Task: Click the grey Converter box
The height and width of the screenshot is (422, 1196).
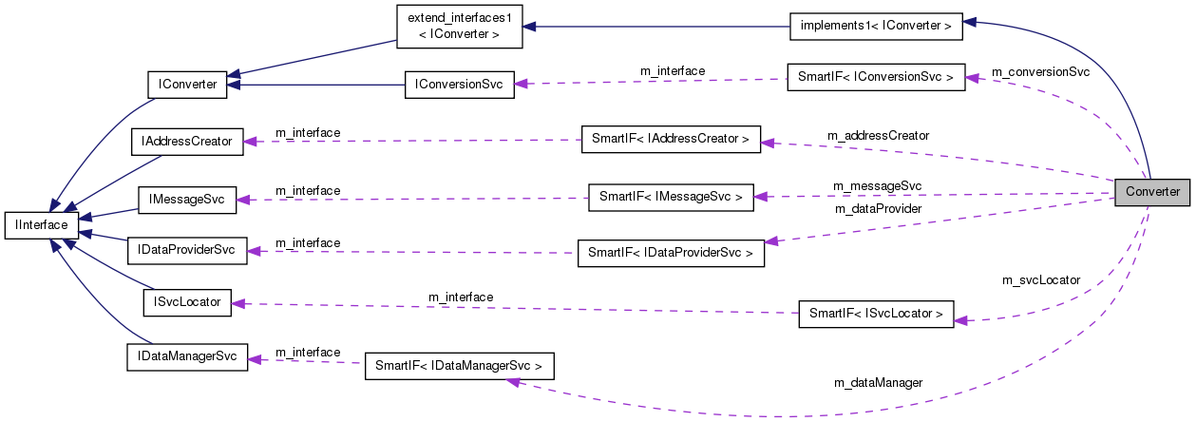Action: [1152, 191]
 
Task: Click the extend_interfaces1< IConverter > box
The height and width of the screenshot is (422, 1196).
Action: [459, 28]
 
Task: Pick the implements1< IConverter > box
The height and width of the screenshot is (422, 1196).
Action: [876, 27]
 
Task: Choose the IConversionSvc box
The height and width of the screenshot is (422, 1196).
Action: [459, 84]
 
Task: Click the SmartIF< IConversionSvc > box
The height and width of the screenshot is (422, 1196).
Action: [876, 77]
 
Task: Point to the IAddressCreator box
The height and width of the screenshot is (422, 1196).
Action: [186, 141]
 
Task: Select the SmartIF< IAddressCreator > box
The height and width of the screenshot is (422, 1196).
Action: [671, 140]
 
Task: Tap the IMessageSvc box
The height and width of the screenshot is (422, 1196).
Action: [186, 200]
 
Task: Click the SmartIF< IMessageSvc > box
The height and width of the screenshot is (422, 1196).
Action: [671, 197]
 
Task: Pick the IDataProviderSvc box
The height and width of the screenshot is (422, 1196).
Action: [186, 252]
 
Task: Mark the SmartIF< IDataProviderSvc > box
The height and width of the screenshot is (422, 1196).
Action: [671, 253]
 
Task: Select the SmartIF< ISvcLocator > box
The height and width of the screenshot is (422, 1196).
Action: [876, 313]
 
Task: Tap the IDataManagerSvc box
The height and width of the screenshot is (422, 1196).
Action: [186, 357]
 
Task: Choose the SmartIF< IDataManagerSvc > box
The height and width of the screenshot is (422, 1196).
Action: [459, 366]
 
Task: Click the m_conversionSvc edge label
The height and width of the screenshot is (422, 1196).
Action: [1040, 71]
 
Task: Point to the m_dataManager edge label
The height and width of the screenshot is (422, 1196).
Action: [878, 382]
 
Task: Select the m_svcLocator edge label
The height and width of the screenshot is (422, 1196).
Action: [1041, 280]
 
